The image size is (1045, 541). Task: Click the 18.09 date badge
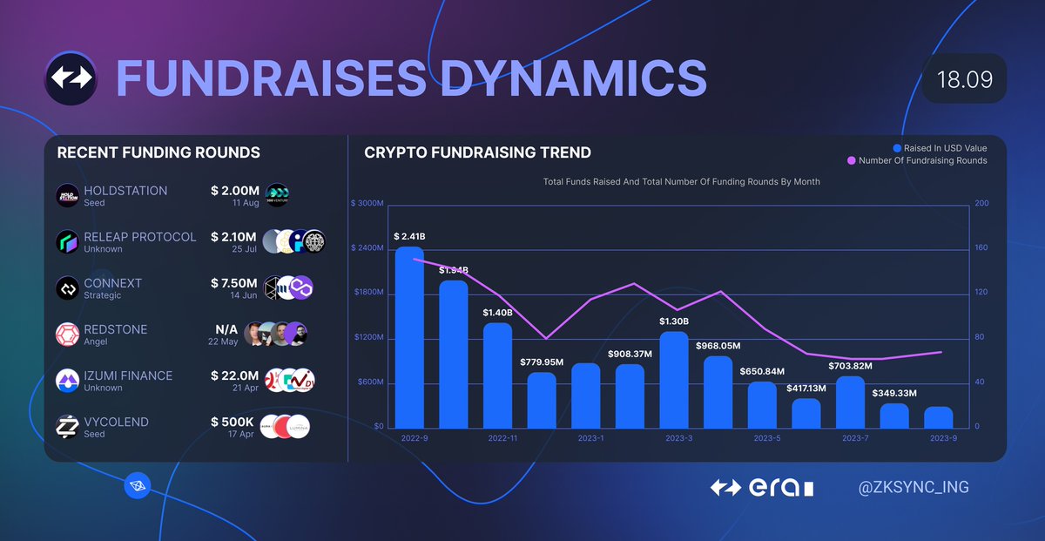pyautogui.click(x=964, y=79)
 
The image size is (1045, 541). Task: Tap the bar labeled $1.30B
pyautogui.click(x=674, y=380)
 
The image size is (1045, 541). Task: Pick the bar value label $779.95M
pyautogui.click(x=542, y=362)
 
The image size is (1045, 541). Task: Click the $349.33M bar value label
pyautogui.click(x=894, y=393)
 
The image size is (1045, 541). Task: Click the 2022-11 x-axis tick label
pyautogui.click(x=503, y=438)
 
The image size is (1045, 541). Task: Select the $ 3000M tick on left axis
pyautogui.click(x=367, y=204)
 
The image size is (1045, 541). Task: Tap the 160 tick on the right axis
pyautogui.click(x=981, y=248)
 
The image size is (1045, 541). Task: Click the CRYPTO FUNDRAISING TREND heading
pyautogui.click(x=477, y=152)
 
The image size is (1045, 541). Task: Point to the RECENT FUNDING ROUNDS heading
pyautogui.click(x=158, y=152)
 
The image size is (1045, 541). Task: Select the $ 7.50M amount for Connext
pyautogui.click(x=234, y=283)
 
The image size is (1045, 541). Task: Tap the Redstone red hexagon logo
pyautogui.click(x=67, y=335)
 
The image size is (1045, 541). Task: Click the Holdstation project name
pyautogui.click(x=125, y=191)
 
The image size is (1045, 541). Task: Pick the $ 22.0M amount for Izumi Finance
pyautogui.click(x=234, y=375)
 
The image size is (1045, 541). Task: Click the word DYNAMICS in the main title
pyautogui.click(x=572, y=78)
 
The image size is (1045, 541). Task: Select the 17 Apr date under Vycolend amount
pyautogui.click(x=242, y=434)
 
